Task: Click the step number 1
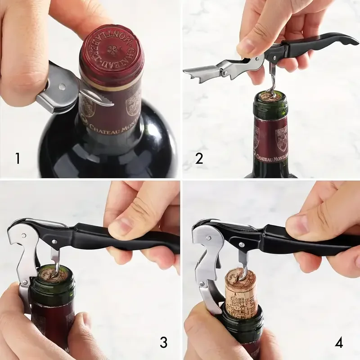click(18, 158)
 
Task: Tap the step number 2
click(199, 158)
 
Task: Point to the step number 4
click(339, 342)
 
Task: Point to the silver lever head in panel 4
click(205, 238)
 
